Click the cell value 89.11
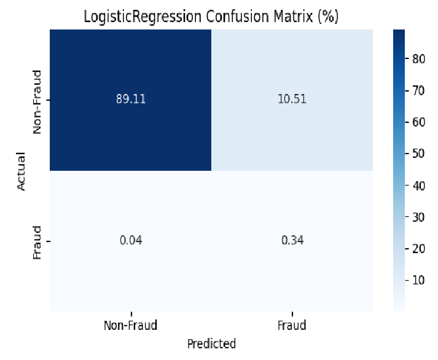[131, 99]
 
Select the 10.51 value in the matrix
[292, 99]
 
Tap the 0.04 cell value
[131, 240]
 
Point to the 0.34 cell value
[292, 240]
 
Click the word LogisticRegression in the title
[143, 17]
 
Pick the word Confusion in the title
[238, 17]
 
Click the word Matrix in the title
[293, 17]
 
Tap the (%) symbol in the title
[328, 17]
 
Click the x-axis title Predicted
[211, 344]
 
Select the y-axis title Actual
[22, 171]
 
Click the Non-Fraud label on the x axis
[131, 326]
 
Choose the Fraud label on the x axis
[292, 326]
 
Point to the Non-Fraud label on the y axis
[37, 102]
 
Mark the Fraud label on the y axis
[37, 243]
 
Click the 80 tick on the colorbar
[419, 59]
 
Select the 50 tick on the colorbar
[419, 154]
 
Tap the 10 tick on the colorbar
[419, 280]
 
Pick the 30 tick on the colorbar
[419, 217]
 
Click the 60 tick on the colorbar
[419, 122]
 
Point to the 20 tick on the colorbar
[419, 249]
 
